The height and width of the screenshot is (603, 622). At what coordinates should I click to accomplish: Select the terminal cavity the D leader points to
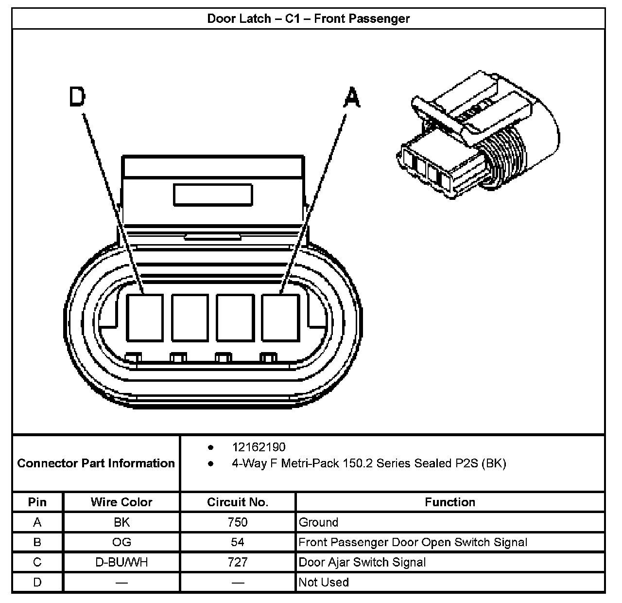coord(145,318)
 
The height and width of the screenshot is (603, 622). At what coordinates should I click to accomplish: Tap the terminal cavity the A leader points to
coord(280,318)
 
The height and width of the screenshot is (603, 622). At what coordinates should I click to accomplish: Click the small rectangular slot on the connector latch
coord(213,195)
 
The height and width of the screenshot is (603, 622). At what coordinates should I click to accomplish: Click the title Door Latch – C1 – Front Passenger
coord(309,18)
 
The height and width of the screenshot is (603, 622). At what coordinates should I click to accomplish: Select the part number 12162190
coord(259,447)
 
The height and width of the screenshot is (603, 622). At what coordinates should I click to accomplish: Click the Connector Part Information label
coord(96,463)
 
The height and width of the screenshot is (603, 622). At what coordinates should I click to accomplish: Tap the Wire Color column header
coord(121,502)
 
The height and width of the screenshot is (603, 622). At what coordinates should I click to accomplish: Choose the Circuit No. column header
coord(238,502)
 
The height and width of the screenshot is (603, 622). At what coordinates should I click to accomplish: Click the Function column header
coord(450,502)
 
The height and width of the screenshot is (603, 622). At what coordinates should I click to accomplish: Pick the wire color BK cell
coord(121,522)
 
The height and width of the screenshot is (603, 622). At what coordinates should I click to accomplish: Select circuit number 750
coord(238,522)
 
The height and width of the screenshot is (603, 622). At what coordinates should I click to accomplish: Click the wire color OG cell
coord(121,542)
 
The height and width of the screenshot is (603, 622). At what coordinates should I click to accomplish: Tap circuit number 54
coord(238,542)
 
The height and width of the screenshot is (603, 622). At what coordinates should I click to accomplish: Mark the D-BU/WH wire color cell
coord(121,562)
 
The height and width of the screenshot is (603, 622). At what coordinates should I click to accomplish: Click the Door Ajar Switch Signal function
coord(362,562)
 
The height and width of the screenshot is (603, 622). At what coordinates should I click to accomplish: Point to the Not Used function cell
coord(324,582)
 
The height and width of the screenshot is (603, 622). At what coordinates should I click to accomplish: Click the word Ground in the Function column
coord(318,522)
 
